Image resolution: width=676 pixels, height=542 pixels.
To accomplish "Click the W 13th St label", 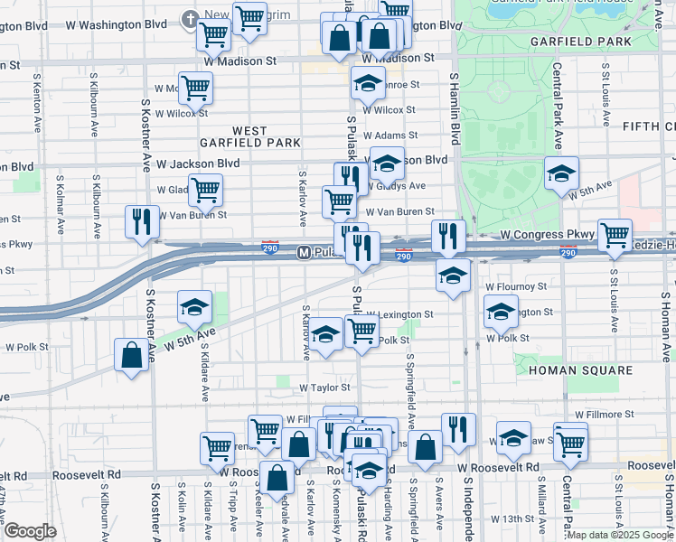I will coord(513,519).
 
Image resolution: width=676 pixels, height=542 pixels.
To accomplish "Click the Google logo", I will coord(30,531).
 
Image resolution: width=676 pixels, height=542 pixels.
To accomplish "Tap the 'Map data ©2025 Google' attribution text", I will coord(620,535).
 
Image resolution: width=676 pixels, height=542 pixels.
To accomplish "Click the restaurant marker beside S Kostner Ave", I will coord(141,221).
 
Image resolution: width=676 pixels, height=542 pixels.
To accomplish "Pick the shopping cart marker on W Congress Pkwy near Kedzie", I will coord(615,234).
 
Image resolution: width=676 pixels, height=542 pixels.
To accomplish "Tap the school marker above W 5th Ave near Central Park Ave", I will coord(561,173).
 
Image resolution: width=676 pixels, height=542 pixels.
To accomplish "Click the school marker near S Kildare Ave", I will coord(194,306).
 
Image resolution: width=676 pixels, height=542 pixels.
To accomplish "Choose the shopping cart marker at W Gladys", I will coord(206,190).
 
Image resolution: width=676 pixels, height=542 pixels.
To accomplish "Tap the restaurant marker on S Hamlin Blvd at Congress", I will coord(448,236).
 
